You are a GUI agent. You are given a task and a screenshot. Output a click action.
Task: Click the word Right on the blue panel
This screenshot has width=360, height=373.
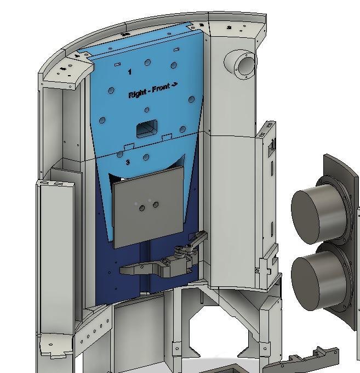pyautogui.click(x=137, y=94)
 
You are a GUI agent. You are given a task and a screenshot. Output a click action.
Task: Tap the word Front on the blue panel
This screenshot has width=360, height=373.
pyautogui.click(x=160, y=89)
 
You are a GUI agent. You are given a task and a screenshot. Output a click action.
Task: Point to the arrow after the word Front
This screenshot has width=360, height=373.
pyautogui.click(x=175, y=85)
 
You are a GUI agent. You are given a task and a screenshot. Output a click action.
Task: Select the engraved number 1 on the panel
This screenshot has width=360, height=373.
pyautogui.click(x=130, y=72)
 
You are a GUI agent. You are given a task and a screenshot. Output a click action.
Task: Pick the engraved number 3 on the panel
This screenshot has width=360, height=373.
pyautogui.click(x=128, y=162)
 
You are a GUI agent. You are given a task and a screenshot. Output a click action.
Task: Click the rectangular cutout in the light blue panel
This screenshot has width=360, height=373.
pyautogui.click(x=147, y=129)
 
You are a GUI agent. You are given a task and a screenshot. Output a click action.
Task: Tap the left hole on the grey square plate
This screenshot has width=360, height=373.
pyautogui.click(x=142, y=208)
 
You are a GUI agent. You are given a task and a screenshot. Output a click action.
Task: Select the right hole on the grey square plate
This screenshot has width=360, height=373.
pyautogui.click(x=156, y=205)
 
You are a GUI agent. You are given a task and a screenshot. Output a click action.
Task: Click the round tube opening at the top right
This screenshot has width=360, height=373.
pyautogui.click(x=245, y=65)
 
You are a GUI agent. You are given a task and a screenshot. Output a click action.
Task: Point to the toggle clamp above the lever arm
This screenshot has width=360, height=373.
pyautogui.click(x=189, y=247)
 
